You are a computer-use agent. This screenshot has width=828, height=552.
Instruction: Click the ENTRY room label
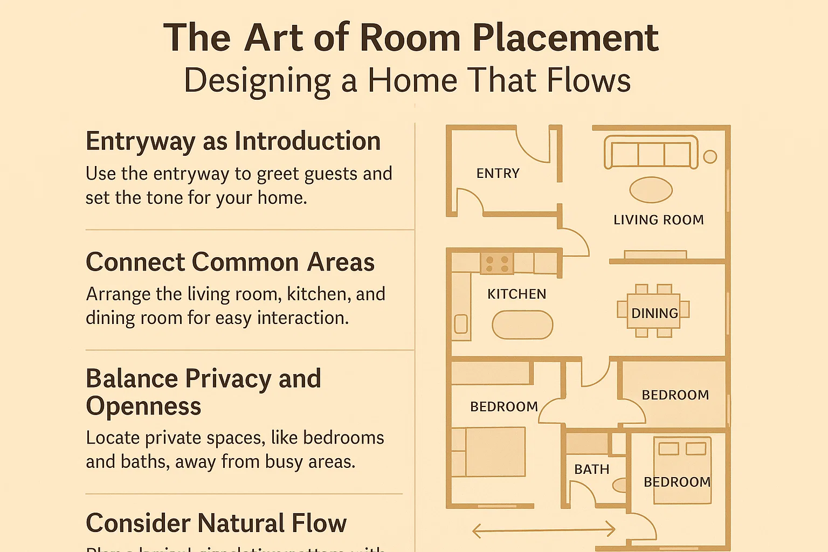click(x=498, y=174)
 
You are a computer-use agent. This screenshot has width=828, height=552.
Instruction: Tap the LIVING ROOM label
click(x=658, y=220)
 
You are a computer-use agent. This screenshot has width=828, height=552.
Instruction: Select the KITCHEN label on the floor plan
click(x=516, y=294)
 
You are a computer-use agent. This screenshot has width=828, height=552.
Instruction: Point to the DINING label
click(x=654, y=313)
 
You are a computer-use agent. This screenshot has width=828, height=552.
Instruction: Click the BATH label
click(x=591, y=470)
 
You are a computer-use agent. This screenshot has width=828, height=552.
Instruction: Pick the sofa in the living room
click(x=651, y=153)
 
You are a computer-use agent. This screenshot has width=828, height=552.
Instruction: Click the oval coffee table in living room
click(x=651, y=190)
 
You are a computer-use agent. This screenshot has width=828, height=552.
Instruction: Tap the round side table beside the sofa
click(x=710, y=157)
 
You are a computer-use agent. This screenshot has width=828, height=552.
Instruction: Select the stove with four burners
click(x=497, y=264)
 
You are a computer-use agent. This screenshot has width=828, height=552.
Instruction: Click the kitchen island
click(x=522, y=325)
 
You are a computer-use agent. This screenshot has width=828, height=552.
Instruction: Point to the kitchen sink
click(x=461, y=324)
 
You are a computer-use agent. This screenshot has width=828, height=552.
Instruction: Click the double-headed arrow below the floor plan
click(x=543, y=530)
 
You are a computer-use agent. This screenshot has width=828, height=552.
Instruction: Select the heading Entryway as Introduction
click(x=233, y=142)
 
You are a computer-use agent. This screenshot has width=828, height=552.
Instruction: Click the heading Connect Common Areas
click(x=230, y=263)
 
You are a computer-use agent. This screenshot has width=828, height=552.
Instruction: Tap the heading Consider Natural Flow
click(x=216, y=523)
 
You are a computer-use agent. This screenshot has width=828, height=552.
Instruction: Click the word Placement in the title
click(x=565, y=38)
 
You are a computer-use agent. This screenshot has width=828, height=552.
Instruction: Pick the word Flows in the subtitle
click(x=589, y=81)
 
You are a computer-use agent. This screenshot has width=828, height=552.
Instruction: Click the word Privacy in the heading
click(x=229, y=379)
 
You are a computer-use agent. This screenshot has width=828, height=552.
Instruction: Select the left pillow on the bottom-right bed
click(x=668, y=448)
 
